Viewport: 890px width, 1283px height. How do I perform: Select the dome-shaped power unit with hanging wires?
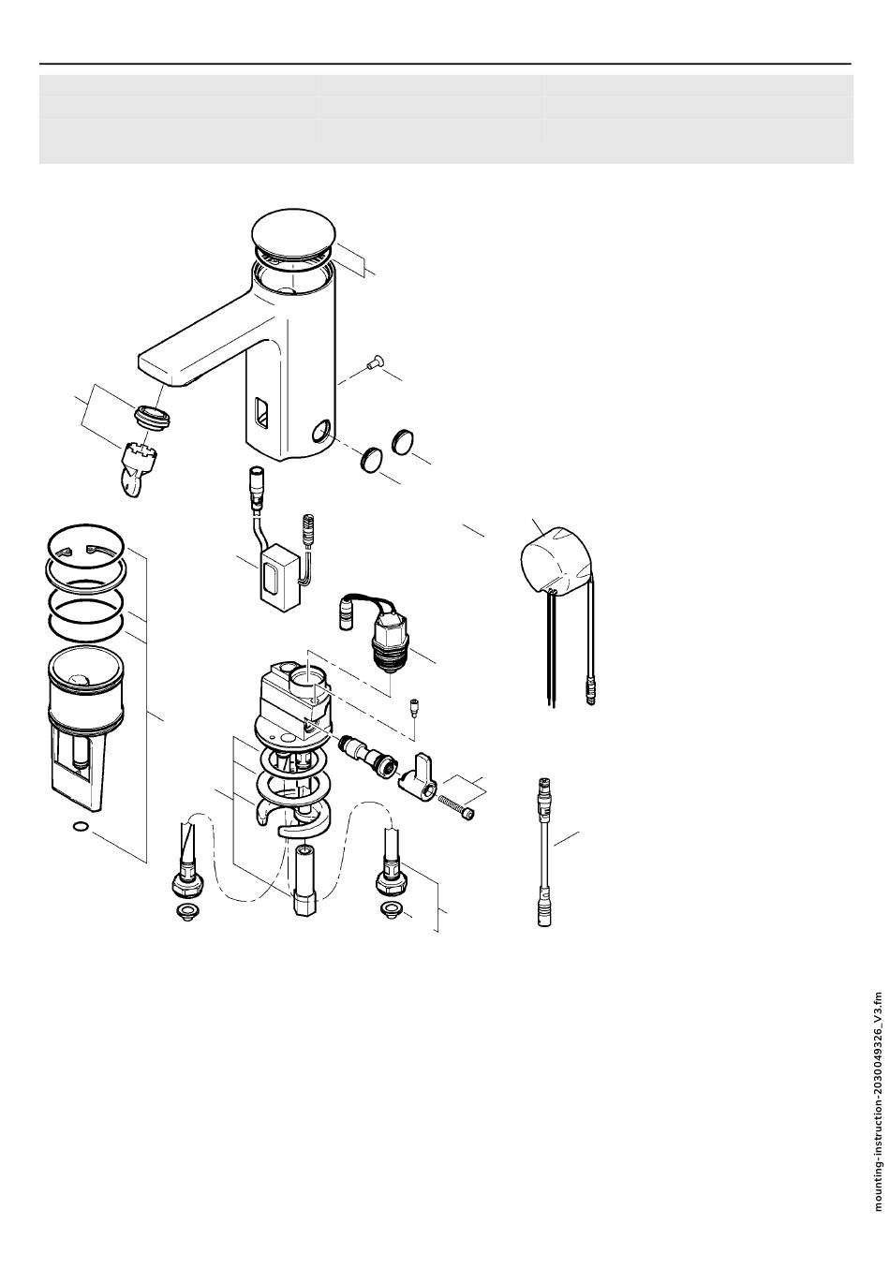tap(555, 560)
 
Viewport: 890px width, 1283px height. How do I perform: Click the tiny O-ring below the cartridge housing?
tap(82, 827)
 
